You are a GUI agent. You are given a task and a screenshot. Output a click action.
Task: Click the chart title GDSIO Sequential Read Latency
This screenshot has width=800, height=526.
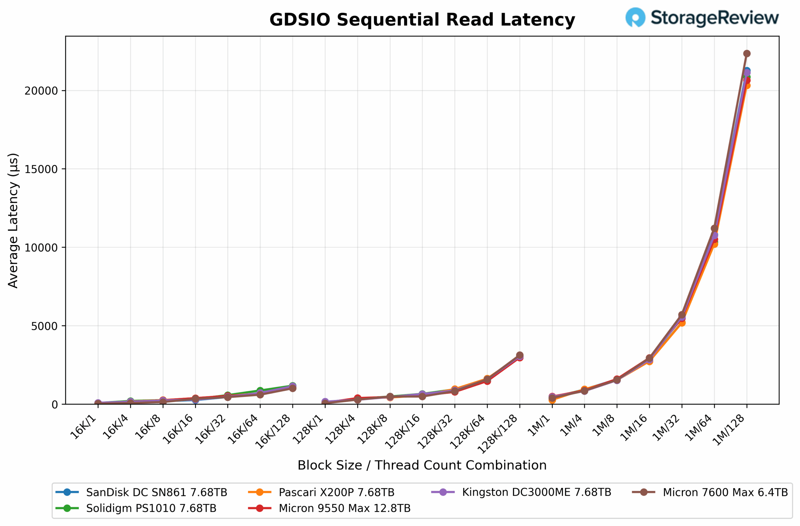[x=422, y=19]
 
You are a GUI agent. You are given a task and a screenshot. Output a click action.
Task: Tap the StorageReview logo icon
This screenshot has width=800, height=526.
[x=635, y=17]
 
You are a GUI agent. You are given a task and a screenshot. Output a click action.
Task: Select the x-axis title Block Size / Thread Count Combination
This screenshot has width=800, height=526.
[x=422, y=465]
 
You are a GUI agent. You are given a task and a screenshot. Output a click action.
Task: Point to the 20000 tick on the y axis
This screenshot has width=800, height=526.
[x=41, y=91]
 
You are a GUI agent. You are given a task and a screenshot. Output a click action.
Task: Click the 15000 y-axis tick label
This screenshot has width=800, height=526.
[x=41, y=169]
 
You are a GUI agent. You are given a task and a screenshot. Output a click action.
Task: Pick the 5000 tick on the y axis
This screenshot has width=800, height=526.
[x=44, y=326]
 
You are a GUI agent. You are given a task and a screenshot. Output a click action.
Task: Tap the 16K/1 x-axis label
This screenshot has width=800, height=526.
[x=83, y=427]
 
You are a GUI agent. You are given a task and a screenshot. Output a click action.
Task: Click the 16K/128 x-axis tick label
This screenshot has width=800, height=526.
[x=272, y=432]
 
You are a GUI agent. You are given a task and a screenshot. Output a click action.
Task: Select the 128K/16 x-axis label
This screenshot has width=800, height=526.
[x=402, y=432]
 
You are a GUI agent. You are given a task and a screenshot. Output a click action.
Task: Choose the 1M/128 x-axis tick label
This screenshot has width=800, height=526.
[x=729, y=430]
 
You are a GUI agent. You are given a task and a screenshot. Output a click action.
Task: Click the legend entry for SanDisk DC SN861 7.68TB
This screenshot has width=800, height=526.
[x=156, y=492]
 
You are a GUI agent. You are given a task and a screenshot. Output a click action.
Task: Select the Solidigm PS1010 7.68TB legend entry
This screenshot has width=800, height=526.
[x=151, y=508]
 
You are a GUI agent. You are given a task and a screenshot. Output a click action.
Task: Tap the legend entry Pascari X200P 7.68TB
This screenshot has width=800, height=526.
[x=336, y=492]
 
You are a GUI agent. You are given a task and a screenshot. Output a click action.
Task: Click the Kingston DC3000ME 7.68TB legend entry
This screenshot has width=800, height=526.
[x=536, y=492]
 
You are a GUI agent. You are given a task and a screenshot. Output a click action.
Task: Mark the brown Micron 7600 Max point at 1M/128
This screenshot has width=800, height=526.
[x=747, y=54]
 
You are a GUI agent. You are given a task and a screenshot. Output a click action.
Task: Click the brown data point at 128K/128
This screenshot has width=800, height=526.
[x=520, y=355]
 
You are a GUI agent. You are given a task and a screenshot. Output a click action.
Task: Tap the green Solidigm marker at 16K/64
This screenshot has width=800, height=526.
[x=260, y=391]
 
